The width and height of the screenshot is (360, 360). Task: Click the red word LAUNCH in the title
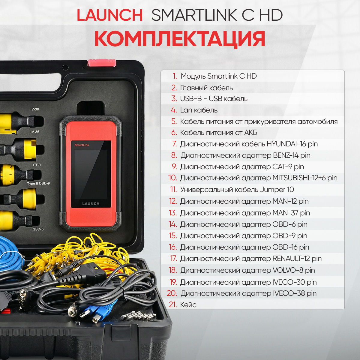[110, 15]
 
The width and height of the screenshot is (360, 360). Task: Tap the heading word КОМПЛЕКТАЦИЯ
[180, 39]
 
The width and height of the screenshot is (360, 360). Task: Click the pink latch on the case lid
[102, 63]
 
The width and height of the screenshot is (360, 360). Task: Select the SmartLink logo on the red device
[82, 145]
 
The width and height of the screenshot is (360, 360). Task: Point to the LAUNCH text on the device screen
[91, 203]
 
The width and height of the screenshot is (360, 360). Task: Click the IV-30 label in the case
[35, 109]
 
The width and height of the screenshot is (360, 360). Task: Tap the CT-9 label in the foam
[37, 165]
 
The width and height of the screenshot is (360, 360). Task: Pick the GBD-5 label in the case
[38, 229]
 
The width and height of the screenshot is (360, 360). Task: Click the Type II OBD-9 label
[38, 184]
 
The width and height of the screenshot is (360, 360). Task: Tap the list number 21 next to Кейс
[173, 304]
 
